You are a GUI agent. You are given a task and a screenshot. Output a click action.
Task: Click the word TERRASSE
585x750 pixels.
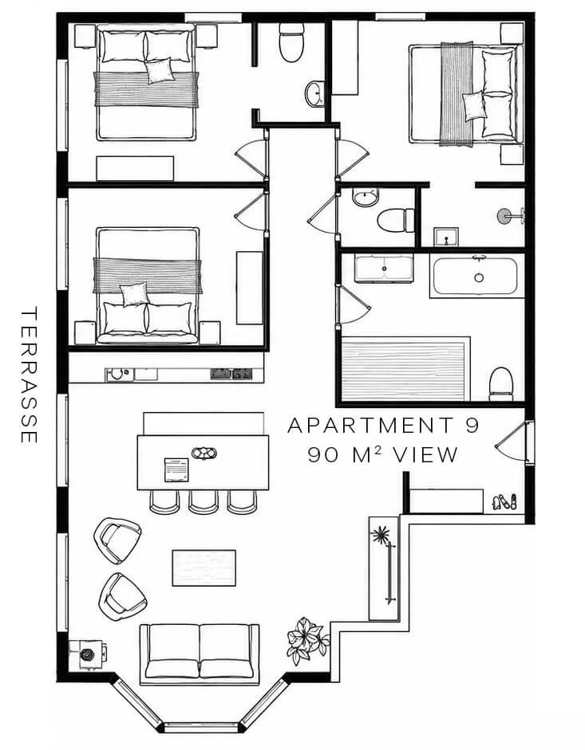(30, 375)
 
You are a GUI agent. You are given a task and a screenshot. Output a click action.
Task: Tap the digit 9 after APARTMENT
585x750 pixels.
(472, 425)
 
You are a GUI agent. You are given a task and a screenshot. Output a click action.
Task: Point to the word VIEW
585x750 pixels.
(425, 455)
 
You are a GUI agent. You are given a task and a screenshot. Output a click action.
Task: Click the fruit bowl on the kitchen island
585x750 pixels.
(204, 453)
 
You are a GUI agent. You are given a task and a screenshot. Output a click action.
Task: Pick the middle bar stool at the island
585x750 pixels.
(204, 502)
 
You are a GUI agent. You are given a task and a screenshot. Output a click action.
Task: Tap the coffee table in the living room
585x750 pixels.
(204, 567)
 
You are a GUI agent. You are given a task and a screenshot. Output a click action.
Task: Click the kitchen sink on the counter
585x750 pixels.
(117, 374)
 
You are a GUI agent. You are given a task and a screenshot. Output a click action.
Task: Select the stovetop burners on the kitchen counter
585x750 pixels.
(232, 374)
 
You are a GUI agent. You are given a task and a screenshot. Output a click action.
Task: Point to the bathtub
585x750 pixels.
(475, 277)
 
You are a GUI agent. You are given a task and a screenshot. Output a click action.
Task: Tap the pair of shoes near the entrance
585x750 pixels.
(504, 502)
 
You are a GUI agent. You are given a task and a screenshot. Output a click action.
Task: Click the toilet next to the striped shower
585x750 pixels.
(501, 384)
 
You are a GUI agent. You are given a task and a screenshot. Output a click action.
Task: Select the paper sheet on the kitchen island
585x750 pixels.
(177, 470)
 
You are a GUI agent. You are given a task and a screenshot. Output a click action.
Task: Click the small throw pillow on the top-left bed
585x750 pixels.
(159, 71)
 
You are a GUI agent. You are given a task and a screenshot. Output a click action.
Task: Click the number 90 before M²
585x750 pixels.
(324, 455)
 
